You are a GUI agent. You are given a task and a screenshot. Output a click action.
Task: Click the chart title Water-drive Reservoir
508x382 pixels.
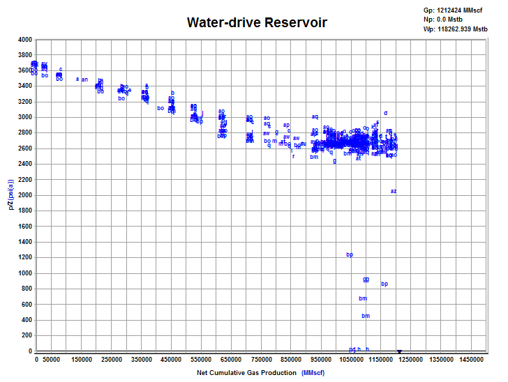click(257, 23)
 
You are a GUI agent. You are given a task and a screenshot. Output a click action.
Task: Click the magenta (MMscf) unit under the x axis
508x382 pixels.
click(313, 373)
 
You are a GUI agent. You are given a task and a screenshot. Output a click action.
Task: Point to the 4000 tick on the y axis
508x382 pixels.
click(24, 40)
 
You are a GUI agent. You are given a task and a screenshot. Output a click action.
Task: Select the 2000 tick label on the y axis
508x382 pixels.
click(24, 195)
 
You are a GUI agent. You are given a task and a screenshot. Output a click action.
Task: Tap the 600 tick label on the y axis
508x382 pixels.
click(27, 305)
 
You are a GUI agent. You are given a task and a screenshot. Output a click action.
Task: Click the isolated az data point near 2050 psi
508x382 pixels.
click(394, 191)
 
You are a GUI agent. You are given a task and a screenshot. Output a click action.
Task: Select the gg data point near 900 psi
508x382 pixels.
click(366, 280)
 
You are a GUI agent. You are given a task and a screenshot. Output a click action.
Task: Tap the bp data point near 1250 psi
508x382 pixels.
click(350, 254)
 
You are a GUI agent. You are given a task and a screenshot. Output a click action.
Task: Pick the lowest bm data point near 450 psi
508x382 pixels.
click(366, 316)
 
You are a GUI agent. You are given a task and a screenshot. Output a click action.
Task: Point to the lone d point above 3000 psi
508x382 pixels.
click(385, 113)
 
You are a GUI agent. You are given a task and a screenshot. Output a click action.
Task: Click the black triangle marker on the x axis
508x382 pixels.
click(399, 352)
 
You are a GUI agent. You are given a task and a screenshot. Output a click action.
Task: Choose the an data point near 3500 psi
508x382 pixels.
click(84, 79)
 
